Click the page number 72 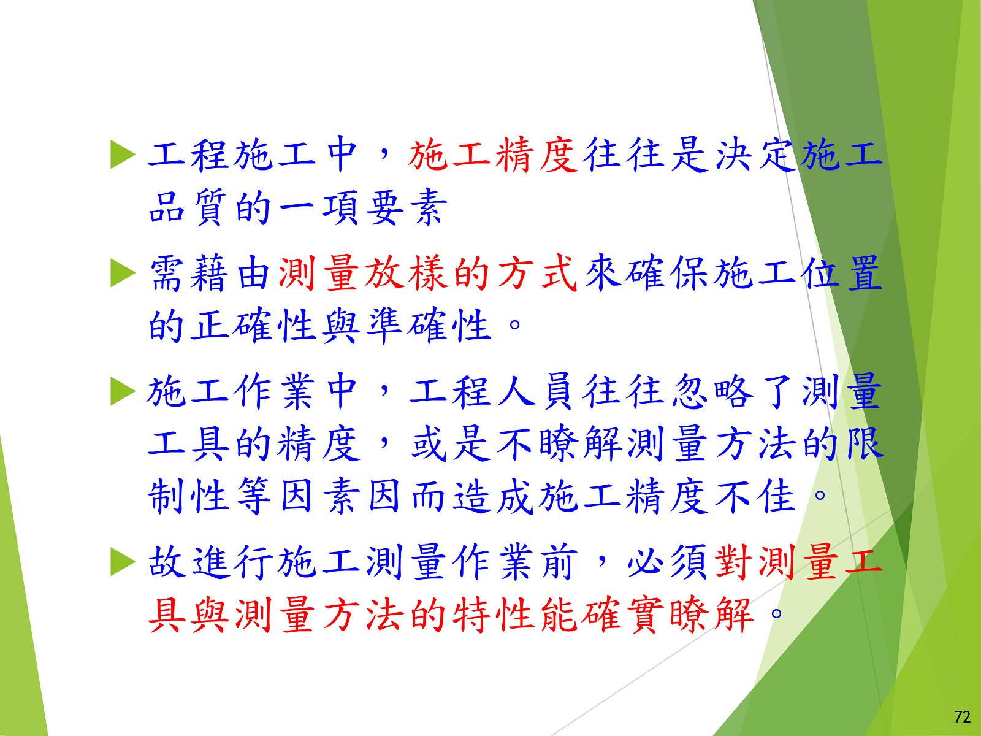[962, 717]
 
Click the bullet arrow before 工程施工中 [123, 155]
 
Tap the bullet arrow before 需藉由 [123, 274]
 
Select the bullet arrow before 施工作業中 [123, 392]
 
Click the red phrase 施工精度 [494, 155]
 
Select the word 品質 [188, 207]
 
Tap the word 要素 [407, 207]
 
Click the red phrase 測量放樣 [362, 274]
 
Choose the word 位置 [842, 274]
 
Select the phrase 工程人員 [494, 392]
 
